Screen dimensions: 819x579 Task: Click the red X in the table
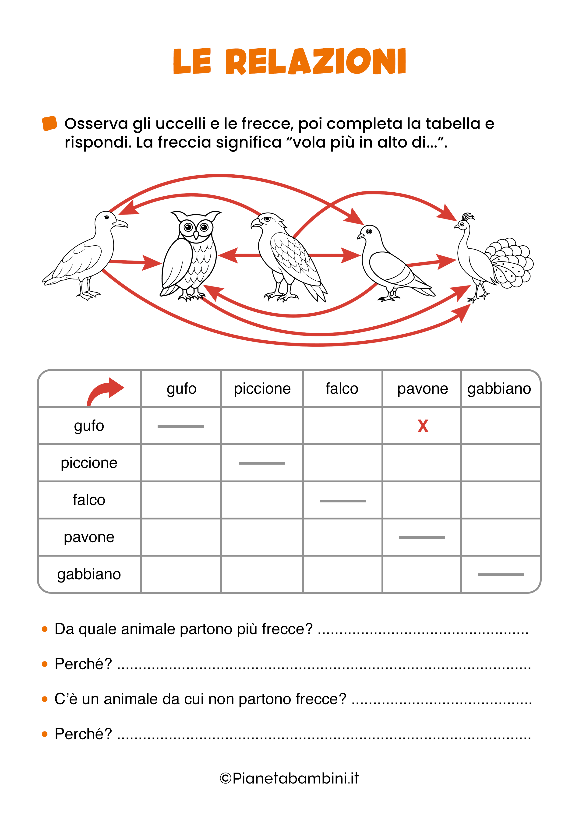tap(423, 426)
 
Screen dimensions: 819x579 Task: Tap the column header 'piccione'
tap(262, 388)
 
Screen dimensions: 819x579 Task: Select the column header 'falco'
tap(342, 388)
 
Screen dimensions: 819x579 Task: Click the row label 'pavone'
tap(89, 537)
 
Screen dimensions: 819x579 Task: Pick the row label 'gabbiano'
tap(89, 574)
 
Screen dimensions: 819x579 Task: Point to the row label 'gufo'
tap(89, 426)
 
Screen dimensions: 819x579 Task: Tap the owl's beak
tap(196, 235)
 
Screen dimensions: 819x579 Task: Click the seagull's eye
tap(106, 217)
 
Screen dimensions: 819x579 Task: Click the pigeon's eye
tap(369, 232)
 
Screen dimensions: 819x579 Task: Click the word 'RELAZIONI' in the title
tap(316, 61)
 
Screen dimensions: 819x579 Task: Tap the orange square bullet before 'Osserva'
tap(49, 124)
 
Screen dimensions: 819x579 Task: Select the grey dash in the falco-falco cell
tap(342, 501)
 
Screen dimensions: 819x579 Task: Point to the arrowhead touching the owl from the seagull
tap(152, 263)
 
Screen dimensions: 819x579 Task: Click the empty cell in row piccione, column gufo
tap(181, 463)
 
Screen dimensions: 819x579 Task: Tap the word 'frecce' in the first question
tap(287, 629)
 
